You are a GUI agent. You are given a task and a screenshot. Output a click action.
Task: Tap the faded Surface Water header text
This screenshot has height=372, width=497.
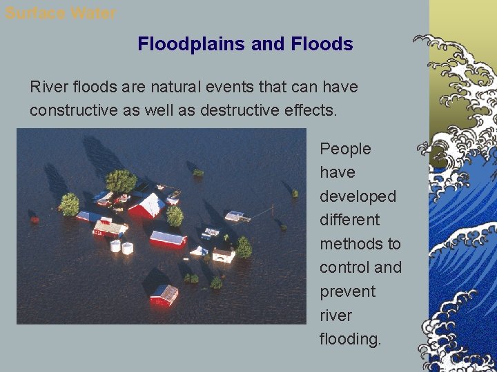tap(61, 13)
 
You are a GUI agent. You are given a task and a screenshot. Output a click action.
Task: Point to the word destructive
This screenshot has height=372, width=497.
tap(242, 110)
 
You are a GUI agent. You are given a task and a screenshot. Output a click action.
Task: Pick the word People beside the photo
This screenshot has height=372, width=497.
tap(345, 149)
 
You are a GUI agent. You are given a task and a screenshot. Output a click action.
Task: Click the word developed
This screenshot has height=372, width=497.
tap(358, 196)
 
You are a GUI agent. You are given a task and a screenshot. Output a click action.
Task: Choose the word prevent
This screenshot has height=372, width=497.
tap(347, 291)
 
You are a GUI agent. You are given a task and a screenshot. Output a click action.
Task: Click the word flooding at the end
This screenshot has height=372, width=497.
tap(350, 339)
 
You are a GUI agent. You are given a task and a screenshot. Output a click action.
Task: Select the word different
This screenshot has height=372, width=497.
tap(349, 220)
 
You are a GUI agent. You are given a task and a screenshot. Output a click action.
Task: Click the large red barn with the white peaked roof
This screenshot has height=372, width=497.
tap(146, 205)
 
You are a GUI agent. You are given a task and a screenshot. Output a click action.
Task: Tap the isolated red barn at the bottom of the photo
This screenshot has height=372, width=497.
tap(164, 295)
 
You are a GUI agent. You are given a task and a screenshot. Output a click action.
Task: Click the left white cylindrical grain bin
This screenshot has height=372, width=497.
tap(115, 246)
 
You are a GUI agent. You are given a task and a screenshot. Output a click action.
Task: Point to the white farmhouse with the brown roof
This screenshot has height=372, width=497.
tap(223, 255)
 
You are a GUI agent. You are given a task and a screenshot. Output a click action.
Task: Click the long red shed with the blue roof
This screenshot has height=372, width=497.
tap(168, 239)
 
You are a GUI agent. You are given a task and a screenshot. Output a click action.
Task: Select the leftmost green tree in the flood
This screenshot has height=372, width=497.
tap(69, 204)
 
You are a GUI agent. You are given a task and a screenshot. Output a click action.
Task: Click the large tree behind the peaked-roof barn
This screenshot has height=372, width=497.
tap(121, 181)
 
